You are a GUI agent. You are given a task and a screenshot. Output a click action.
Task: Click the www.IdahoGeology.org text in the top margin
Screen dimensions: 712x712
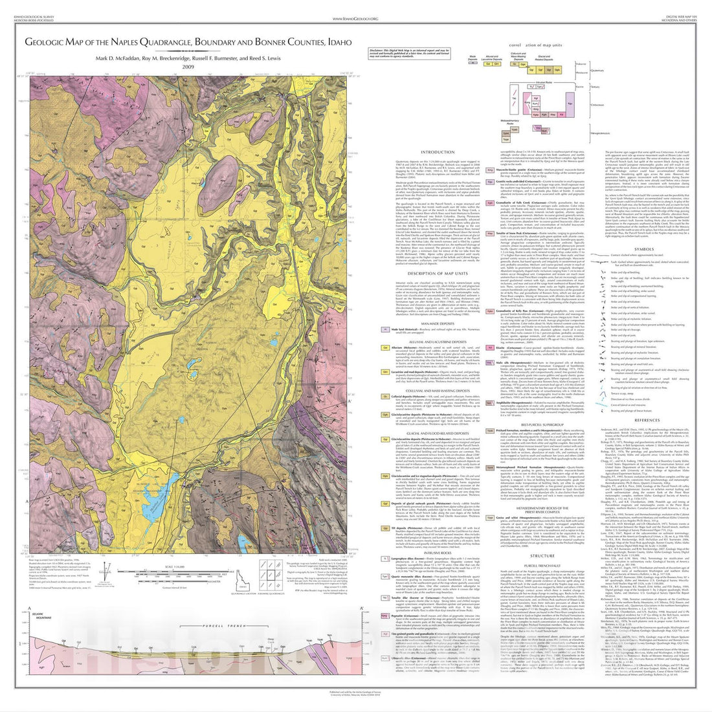tap(355, 19)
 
